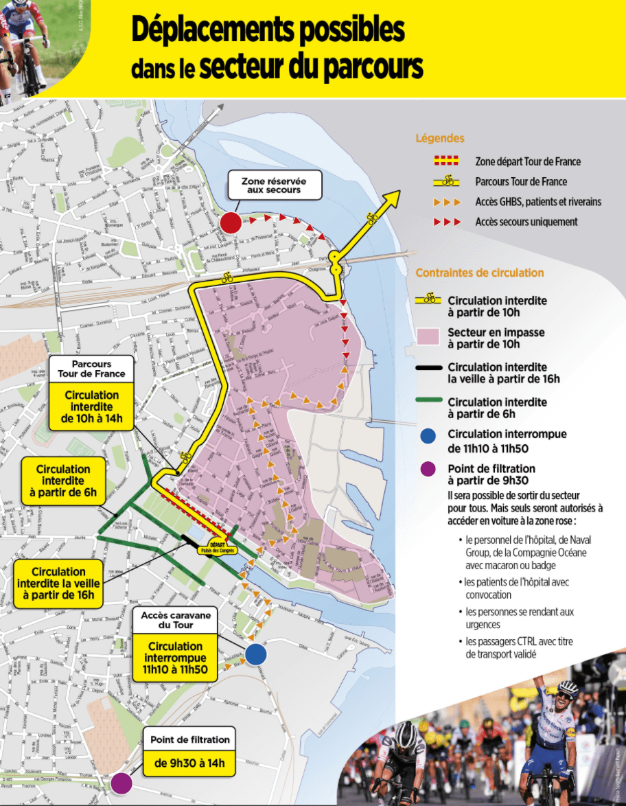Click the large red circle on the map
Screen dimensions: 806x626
[x=231, y=222]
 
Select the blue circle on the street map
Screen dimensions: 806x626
[x=256, y=654]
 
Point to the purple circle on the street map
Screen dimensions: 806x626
[x=121, y=782]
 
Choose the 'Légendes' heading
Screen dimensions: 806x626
[x=440, y=138]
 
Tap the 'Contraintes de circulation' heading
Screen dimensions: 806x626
[x=480, y=273]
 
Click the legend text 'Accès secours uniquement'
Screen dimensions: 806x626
[x=526, y=222]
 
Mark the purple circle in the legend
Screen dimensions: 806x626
[x=428, y=470]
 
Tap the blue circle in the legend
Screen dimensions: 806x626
[x=428, y=435]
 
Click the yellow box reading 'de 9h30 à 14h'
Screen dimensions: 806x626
[x=189, y=762]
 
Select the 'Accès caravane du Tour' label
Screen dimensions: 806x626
[x=176, y=620]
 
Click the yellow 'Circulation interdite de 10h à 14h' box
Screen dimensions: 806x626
[x=91, y=407]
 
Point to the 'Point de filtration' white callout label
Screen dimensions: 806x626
[x=189, y=740]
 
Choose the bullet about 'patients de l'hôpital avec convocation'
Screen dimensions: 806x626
[x=515, y=588]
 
